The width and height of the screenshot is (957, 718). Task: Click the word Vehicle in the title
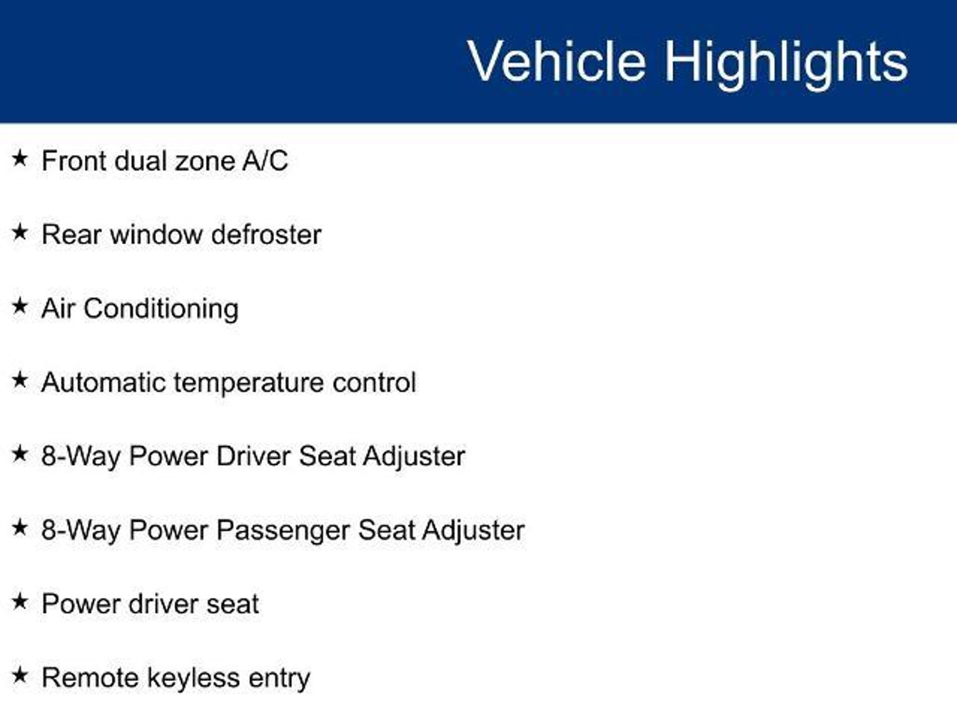click(557, 61)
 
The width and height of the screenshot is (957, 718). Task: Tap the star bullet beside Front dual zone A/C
click(20, 158)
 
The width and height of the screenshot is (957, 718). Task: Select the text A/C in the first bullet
click(265, 161)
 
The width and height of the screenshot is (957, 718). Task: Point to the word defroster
click(266, 235)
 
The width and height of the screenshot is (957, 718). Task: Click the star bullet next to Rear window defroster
click(20, 232)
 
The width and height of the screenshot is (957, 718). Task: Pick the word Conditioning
click(161, 309)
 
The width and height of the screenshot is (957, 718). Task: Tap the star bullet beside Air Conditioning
click(20, 306)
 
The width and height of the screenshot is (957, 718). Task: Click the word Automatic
click(104, 382)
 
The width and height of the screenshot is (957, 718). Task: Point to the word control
click(374, 382)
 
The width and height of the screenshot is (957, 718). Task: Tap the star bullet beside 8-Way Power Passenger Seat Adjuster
click(20, 528)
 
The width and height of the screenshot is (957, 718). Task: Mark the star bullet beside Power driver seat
click(20, 602)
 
